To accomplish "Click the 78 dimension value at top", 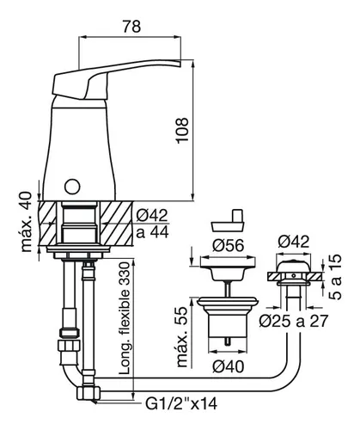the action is (131, 27).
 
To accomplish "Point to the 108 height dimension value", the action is (182, 131).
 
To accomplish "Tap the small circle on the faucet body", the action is (72, 187).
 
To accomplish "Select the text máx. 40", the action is (27, 222).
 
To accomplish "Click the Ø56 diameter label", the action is (228, 245).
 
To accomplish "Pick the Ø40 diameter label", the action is (228, 366).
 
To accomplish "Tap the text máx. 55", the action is (182, 337).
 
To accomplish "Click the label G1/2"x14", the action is (181, 404).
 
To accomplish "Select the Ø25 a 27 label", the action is (293, 321).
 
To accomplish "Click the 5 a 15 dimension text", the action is (335, 277).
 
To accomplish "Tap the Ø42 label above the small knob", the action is (294, 242).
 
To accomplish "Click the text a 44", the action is (152, 231).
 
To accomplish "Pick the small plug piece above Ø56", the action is (229, 220).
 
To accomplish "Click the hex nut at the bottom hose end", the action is (88, 393).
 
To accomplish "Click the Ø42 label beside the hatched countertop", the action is (152, 215).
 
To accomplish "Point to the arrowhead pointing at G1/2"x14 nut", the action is (95, 402).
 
